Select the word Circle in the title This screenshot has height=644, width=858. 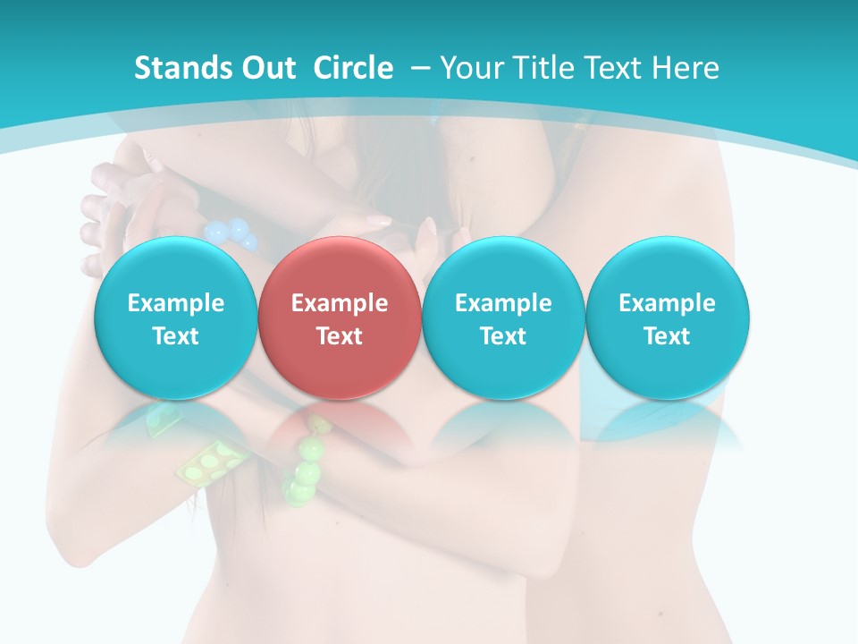(353, 68)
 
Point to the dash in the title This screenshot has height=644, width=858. (420, 68)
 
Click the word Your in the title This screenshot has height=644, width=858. (469, 68)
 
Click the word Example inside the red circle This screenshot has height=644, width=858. (339, 303)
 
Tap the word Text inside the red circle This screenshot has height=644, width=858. (339, 336)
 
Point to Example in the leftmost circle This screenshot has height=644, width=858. (175, 303)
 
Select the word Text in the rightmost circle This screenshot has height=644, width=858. (667, 336)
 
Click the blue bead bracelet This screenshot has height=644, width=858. (229, 231)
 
